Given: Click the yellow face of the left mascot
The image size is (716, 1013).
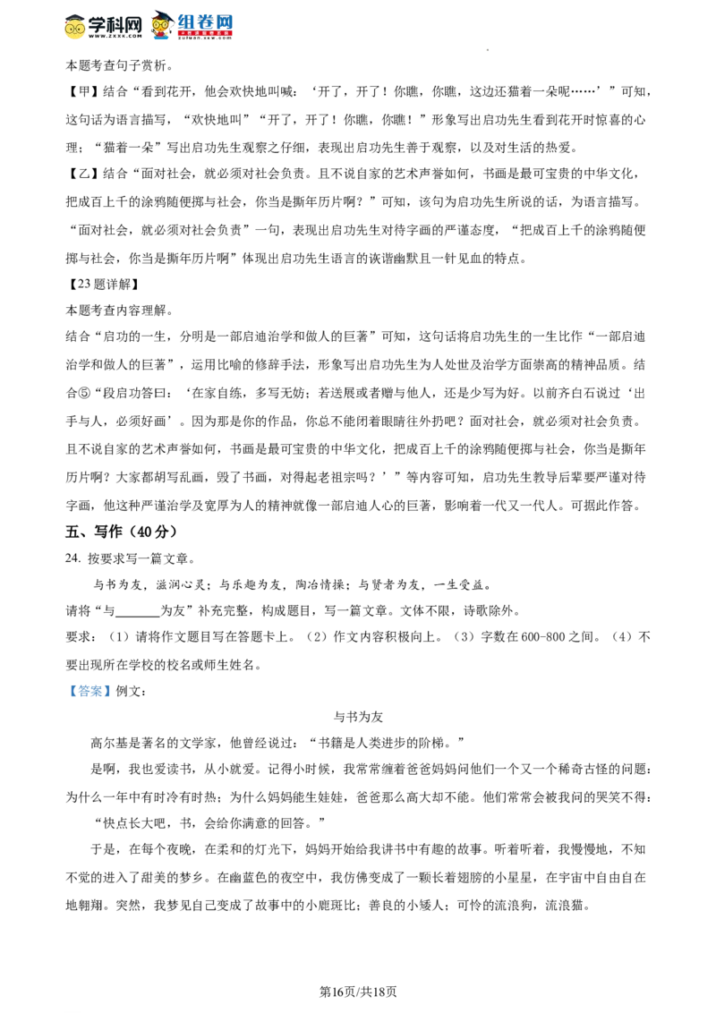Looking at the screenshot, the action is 75,30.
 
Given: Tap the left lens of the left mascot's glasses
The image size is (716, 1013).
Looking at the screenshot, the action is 71,29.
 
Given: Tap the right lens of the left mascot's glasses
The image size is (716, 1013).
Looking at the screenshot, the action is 80,29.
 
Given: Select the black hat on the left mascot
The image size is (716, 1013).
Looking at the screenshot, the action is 75,16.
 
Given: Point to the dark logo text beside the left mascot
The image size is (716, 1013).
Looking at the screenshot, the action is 115,26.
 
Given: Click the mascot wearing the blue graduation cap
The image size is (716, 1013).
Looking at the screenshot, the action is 161,26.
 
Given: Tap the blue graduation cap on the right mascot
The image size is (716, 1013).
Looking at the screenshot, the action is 161,15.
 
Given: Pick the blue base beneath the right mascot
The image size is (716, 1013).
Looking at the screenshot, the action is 161,38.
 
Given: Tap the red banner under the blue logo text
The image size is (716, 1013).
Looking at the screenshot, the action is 205,34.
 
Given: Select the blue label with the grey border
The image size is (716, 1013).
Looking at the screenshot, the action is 89,691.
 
